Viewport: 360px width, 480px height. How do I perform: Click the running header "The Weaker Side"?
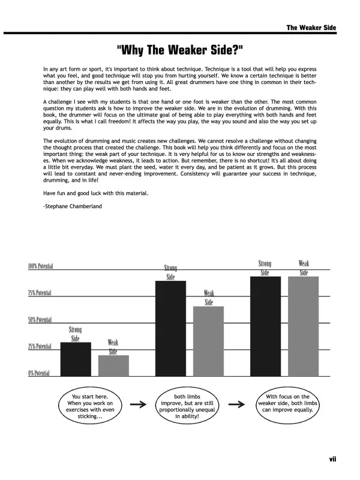(x=311, y=28)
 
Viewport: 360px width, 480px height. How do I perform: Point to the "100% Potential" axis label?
(x=40, y=266)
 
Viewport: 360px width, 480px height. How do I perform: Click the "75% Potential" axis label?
(x=40, y=293)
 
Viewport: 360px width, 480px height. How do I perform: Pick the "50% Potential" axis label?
(x=40, y=320)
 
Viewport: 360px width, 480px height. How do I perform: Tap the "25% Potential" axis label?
(x=40, y=347)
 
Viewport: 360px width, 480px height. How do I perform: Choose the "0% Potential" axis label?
(x=39, y=373)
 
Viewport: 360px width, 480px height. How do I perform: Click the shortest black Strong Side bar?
(x=76, y=358)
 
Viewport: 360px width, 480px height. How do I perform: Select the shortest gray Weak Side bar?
(x=113, y=365)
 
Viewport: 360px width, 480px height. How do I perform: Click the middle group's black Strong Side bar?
(x=170, y=328)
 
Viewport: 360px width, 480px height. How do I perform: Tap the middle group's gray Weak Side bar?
(x=208, y=340)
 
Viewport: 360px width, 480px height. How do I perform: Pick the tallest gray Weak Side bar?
(x=303, y=325)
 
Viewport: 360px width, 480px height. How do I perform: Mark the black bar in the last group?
(x=265, y=325)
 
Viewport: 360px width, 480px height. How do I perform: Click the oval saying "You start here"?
(x=88, y=406)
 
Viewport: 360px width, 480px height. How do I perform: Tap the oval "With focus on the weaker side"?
(x=287, y=406)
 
